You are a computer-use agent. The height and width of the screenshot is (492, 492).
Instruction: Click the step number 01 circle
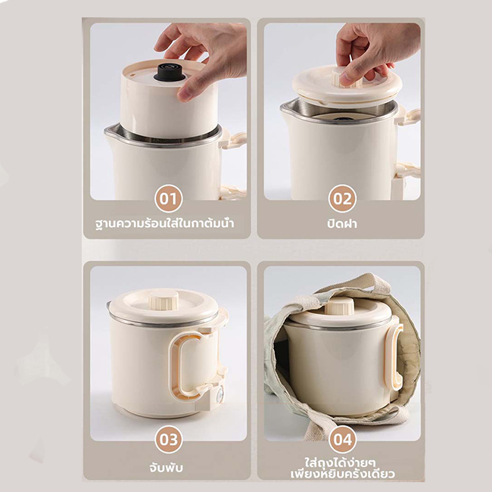point(169,198)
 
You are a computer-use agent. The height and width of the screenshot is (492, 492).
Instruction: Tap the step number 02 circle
point(342,198)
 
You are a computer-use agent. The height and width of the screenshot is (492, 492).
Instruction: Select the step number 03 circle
point(169,439)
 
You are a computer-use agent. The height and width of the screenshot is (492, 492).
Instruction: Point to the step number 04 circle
point(342,439)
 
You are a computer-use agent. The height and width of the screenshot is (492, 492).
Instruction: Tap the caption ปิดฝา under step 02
point(342,224)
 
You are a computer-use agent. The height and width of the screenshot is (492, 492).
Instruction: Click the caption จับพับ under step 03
point(166,468)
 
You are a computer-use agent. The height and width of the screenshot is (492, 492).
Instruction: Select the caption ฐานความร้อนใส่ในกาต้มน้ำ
point(165,224)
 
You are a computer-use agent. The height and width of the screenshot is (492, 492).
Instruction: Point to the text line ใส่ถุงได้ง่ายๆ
point(340,462)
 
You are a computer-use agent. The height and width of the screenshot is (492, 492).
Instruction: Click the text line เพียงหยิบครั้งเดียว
point(342,474)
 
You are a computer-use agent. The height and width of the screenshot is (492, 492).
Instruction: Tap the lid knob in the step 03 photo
point(163,299)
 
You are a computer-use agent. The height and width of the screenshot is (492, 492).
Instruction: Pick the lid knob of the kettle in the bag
point(339,306)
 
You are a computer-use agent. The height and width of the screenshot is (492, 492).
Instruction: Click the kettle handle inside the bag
point(395,357)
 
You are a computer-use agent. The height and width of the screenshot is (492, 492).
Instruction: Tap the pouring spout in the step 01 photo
point(110,132)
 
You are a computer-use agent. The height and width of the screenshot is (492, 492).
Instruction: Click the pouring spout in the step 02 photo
point(286,107)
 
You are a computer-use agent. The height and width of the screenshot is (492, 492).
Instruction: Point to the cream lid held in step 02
point(347,86)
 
